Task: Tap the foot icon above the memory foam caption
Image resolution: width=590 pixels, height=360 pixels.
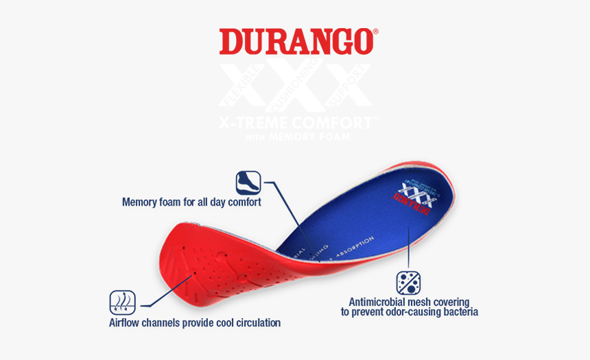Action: pyautogui.click(x=248, y=183)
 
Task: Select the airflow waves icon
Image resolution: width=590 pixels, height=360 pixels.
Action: pyautogui.click(x=122, y=302)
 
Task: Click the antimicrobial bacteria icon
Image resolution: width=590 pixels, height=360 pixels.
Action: pyautogui.click(x=408, y=283)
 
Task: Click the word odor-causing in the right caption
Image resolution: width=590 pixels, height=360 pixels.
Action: pyautogui.click(x=408, y=312)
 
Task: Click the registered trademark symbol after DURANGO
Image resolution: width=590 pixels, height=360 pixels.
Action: pyautogui.click(x=375, y=32)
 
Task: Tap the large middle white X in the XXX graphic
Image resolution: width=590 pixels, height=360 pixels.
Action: pyautogui.click(x=295, y=85)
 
